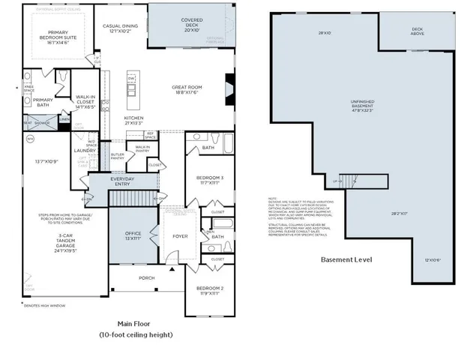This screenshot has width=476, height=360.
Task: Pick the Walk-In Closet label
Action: (83, 103)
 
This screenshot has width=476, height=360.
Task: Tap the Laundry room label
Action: (83, 150)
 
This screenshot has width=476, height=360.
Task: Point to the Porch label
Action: (147, 277)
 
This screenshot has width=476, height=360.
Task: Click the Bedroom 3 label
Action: (209, 179)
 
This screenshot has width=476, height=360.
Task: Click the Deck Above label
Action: (417, 31)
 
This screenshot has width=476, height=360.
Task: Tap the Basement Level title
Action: (346, 260)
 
